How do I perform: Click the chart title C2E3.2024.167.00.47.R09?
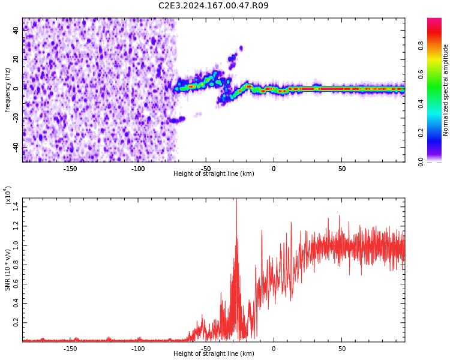213,6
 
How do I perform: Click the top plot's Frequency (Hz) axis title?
8,90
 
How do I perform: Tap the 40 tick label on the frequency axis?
16,30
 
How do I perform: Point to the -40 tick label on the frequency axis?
15,146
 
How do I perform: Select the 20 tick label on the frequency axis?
16,59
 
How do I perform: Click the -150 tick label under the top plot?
70,169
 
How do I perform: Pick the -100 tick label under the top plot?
138,169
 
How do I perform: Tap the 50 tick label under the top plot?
341,169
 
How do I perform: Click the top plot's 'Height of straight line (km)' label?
214,174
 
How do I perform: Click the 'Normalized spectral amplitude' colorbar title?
446,90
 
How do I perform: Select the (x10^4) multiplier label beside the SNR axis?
8,196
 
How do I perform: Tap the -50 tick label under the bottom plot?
206,349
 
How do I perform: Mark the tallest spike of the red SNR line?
236,200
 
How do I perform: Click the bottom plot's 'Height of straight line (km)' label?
214,354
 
